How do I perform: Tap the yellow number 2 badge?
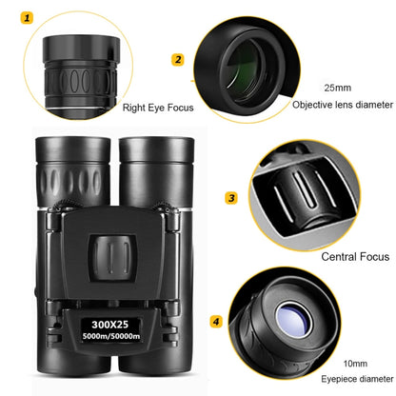tap(176, 59)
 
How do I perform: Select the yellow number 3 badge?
tap(230, 198)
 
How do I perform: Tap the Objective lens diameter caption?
tap(340, 105)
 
